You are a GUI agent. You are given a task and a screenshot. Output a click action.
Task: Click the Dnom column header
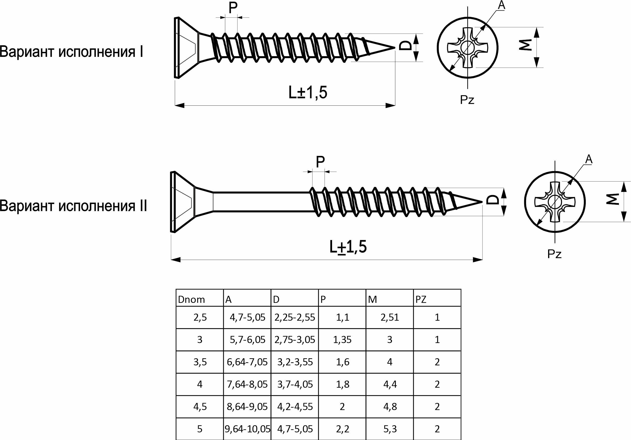coord(192,299)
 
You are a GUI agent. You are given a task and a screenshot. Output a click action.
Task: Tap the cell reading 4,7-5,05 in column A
coord(247,317)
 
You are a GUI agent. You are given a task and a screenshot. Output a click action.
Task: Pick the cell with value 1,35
coord(342,340)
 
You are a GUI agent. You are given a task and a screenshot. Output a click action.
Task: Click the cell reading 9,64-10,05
coord(247,429)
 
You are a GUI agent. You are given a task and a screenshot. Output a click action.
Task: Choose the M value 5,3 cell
coord(390,429)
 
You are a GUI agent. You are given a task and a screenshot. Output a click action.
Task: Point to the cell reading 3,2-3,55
coord(295,362)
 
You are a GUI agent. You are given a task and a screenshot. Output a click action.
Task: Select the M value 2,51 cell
coord(390,317)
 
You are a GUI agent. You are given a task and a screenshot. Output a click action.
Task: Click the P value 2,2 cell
coord(342,429)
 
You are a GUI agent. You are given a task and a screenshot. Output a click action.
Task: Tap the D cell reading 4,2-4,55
coord(295,406)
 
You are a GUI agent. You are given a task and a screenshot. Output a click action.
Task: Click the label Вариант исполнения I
coord(72,51)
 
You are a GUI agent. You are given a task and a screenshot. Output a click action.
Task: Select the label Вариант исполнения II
coord(73,205)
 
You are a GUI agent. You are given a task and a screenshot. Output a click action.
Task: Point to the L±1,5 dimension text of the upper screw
coord(308,92)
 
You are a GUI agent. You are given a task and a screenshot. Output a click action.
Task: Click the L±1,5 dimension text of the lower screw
coord(348,247)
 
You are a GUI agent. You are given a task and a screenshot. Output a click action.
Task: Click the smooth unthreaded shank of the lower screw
coord(261,202)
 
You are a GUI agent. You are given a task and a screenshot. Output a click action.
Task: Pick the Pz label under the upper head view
coord(467,100)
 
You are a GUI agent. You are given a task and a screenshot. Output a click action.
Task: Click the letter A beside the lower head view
coord(589,159)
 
